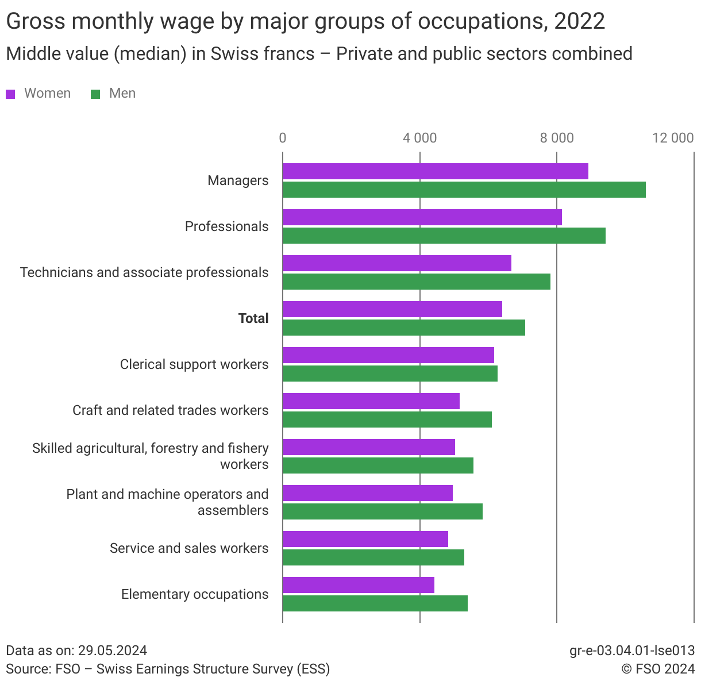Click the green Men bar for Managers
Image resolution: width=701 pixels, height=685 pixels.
(464, 190)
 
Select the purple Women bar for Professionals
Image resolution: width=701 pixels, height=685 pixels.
(422, 217)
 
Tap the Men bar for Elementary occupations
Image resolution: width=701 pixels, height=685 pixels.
(375, 603)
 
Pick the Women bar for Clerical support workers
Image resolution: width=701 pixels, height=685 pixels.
(388, 355)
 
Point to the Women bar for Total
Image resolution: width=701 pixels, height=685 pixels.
(392, 309)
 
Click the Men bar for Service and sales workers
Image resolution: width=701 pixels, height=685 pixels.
(373, 557)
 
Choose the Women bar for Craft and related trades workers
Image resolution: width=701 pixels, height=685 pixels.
(371, 401)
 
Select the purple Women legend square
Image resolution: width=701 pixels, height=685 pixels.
(10, 94)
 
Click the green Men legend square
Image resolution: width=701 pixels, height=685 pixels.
(95, 94)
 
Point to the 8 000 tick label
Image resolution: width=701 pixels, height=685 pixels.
(556, 138)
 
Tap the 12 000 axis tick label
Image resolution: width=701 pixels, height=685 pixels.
(673, 138)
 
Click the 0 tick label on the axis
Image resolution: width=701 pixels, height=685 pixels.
(283, 138)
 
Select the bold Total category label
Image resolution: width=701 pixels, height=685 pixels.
(253, 318)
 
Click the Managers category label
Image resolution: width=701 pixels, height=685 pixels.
(238, 180)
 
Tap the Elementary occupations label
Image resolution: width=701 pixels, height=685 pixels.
(195, 594)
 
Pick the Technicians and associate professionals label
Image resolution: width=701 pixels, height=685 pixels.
(144, 272)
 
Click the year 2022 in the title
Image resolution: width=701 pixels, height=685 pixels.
(580, 22)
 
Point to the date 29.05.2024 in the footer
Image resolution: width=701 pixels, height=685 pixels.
(113, 651)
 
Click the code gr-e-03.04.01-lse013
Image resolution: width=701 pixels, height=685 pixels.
(632, 651)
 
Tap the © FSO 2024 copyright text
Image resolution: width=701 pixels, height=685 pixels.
(658, 669)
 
